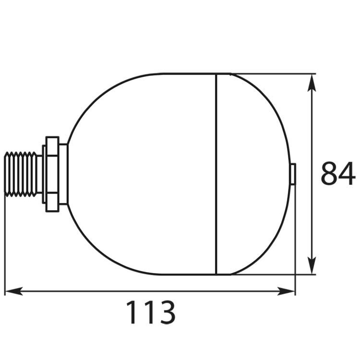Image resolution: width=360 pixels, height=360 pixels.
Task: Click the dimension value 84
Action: [x=338, y=174]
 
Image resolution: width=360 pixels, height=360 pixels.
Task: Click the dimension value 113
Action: [x=150, y=312]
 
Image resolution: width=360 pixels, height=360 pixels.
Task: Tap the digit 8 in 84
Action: [x=329, y=174]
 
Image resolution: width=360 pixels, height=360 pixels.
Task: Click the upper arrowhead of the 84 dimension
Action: [x=312, y=83]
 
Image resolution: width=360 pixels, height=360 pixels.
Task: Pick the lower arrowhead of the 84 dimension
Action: [x=312, y=266]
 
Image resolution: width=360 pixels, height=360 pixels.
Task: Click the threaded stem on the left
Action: [x=22, y=174]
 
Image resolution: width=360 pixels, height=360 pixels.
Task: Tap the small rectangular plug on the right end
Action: [x=293, y=174]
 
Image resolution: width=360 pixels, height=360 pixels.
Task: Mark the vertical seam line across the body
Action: [x=216, y=174]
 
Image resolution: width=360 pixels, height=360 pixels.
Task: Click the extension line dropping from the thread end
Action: [x=5, y=245]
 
